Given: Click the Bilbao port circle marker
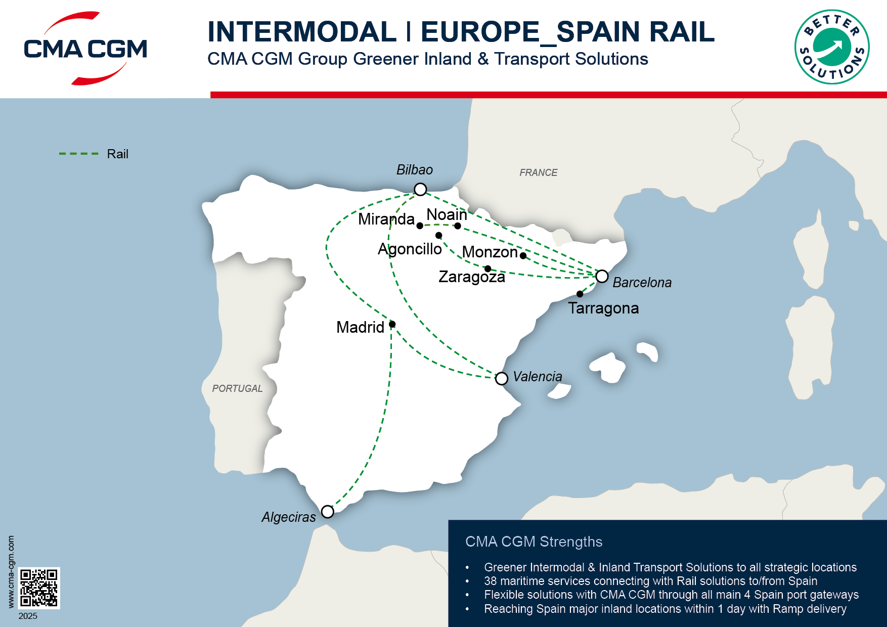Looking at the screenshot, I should click(x=420, y=189).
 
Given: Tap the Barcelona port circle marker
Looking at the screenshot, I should click(x=602, y=276).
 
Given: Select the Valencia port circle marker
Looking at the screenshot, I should click(x=501, y=378).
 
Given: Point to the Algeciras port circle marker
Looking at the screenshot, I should click(x=328, y=512).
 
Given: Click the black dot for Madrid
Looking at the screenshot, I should click(x=392, y=324).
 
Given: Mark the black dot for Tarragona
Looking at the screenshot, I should click(x=580, y=294).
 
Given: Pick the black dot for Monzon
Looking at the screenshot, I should click(x=523, y=255).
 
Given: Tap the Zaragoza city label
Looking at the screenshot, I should click(x=471, y=277).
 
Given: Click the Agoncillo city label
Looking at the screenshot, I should click(x=410, y=249).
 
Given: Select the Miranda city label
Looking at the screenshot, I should click(x=386, y=219).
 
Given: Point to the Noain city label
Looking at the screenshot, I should click(x=447, y=214).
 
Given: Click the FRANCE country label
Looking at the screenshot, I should click(x=538, y=172).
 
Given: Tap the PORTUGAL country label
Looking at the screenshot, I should click(x=237, y=388).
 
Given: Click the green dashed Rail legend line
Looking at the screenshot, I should click(x=78, y=154).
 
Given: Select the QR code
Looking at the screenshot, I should click(x=39, y=588).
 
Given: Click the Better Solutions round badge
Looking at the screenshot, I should click(x=832, y=47).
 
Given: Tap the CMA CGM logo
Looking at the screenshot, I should click(x=85, y=48).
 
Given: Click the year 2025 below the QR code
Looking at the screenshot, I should click(x=28, y=616).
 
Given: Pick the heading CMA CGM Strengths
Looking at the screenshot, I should click(x=534, y=542).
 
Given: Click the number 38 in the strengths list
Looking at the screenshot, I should click(x=490, y=581).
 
